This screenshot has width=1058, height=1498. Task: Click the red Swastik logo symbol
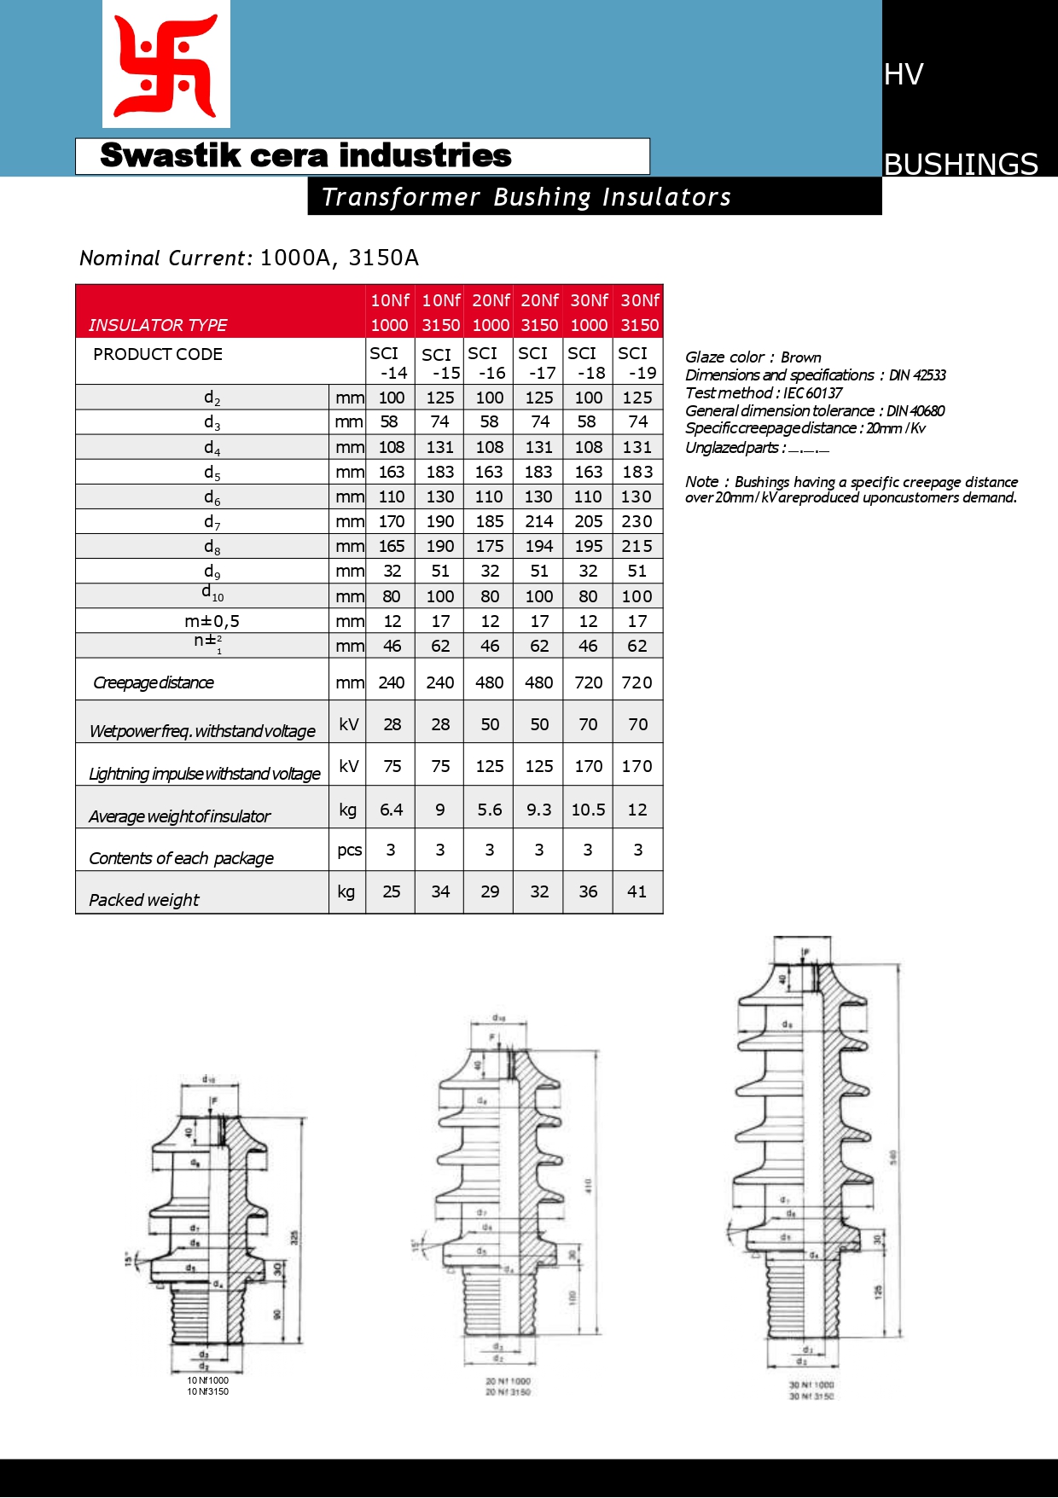166,65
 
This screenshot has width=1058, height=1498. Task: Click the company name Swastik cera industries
305,156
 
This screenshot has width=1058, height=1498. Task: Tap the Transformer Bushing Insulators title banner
526,197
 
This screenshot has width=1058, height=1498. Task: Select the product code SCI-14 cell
389,363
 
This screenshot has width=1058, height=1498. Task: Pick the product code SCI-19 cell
637,363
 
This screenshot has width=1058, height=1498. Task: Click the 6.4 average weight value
392,810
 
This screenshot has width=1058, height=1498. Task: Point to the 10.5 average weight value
588,810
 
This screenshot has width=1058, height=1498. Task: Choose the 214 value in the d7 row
539,521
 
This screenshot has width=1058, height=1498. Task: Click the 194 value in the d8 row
539,546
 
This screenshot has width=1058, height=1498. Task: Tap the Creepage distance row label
154,682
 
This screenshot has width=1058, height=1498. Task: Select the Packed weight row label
144,900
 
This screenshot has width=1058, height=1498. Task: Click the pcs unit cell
349,850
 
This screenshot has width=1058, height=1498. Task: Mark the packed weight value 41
637,891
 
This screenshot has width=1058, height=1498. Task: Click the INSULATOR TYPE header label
158,325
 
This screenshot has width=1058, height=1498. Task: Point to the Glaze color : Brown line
753,357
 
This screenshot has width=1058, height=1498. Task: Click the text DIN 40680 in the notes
916,411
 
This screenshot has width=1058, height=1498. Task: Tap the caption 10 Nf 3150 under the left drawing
208,1391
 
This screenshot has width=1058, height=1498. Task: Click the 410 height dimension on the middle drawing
588,1186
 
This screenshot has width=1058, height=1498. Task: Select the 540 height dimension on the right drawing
893,1157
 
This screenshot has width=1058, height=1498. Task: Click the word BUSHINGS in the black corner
961,164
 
